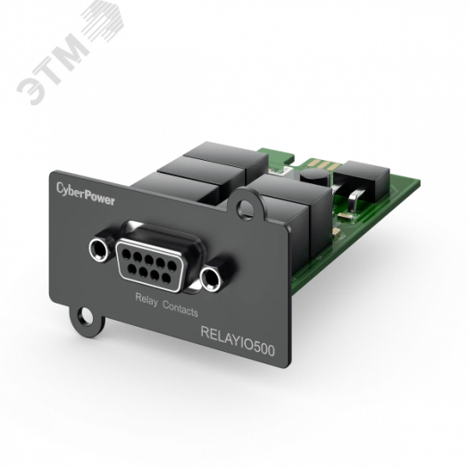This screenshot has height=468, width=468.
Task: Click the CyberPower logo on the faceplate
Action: pyautogui.click(x=86, y=194)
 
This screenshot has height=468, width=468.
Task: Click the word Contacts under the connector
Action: pyautogui.click(x=180, y=309)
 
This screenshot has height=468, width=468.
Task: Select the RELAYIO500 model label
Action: pyautogui.click(x=238, y=340)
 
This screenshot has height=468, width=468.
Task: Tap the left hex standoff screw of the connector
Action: pyautogui.click(x=99, y=249)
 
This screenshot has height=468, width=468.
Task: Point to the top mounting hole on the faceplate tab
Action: pyautogui.click(x=245, y=208)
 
